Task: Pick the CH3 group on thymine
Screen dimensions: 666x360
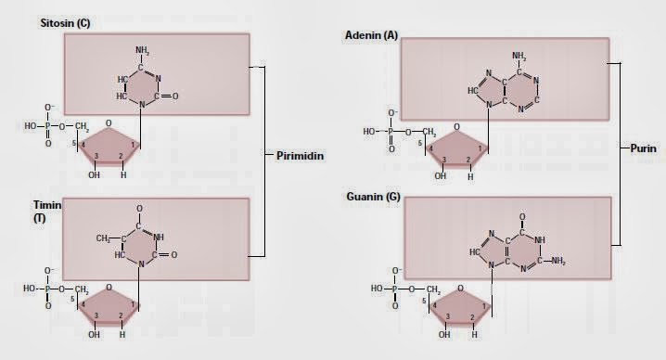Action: point(110,238)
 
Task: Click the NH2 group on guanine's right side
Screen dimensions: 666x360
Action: point(557,261)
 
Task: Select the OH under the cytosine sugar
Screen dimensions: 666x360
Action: point(94,174)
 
